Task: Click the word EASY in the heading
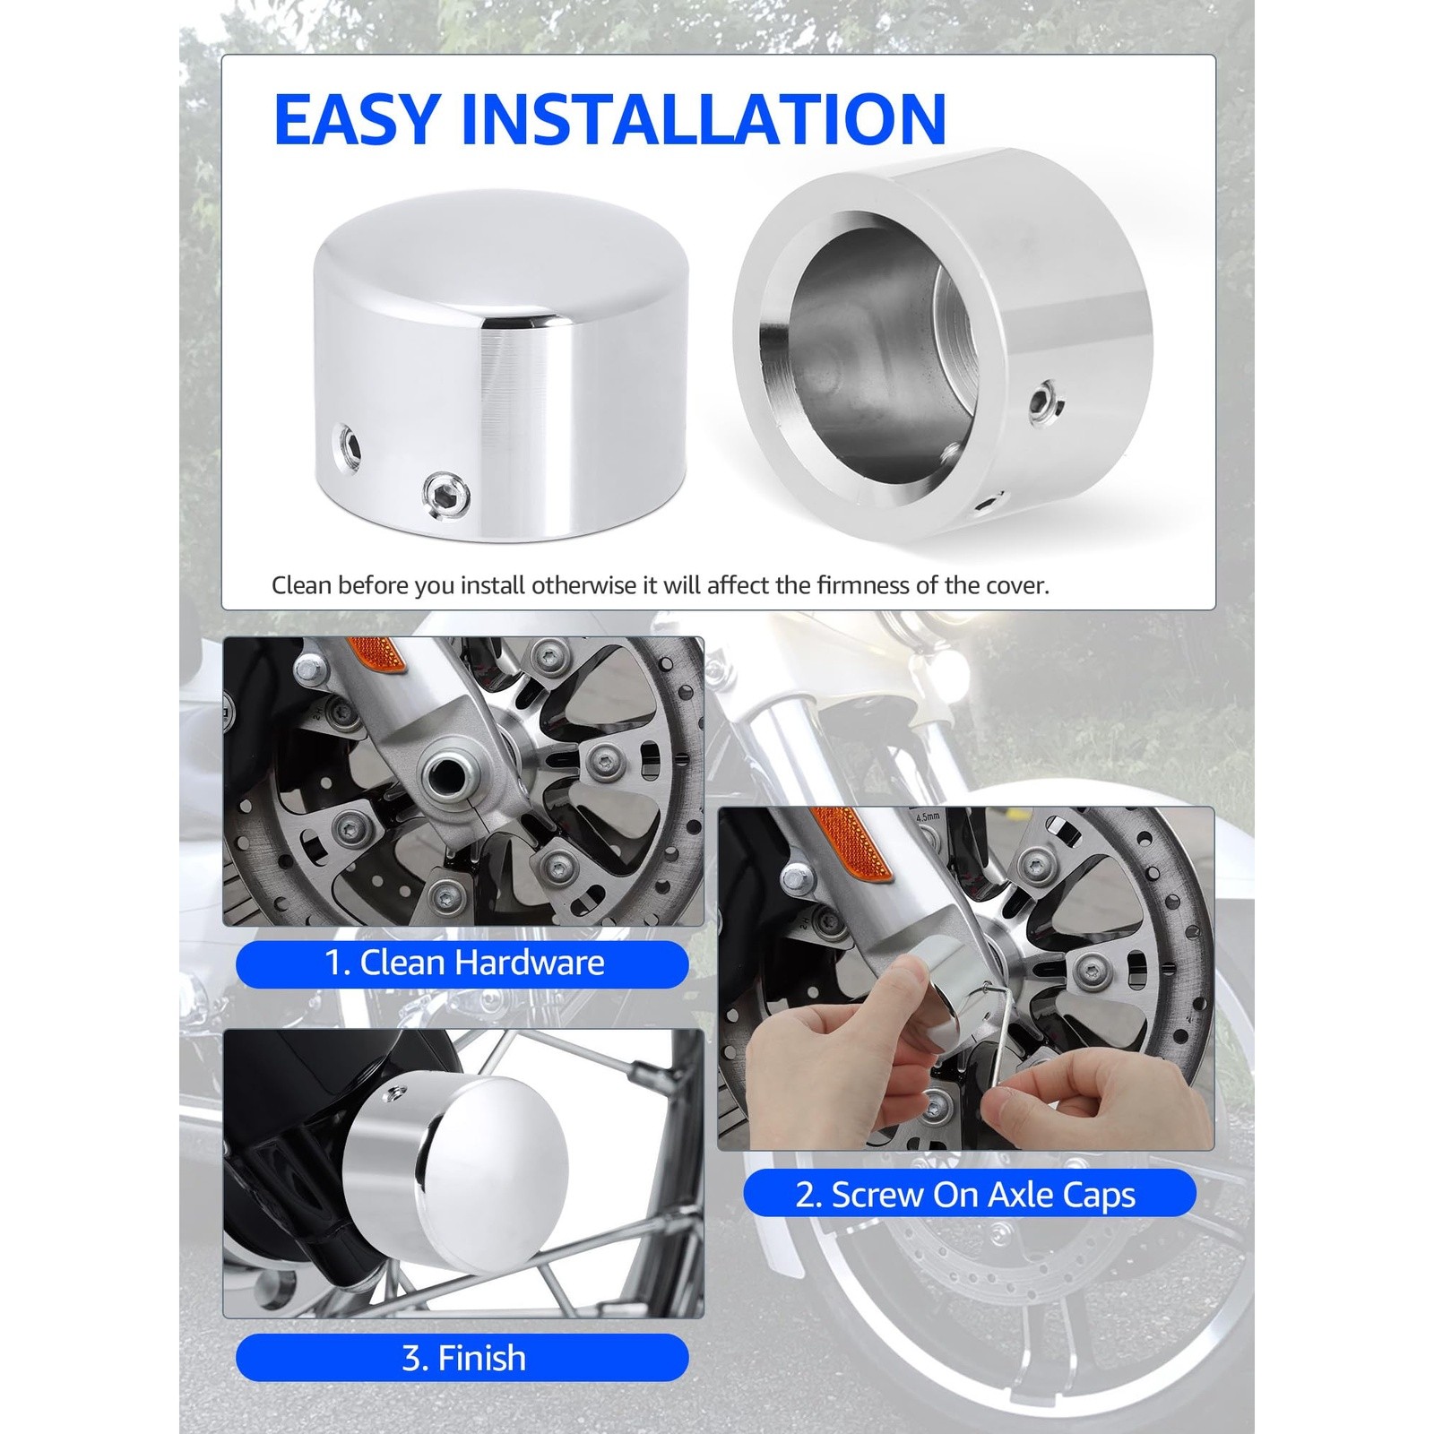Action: (357, 118)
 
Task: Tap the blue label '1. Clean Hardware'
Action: (462, 963)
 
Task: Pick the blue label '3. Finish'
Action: (462, 1358)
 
